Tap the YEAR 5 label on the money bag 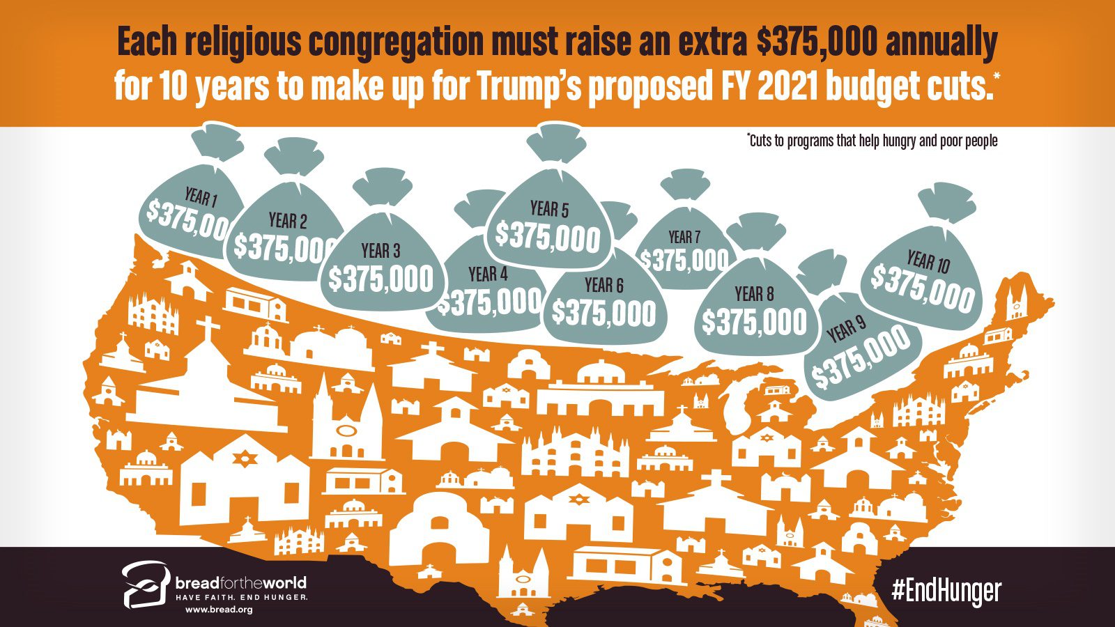click(549, 208)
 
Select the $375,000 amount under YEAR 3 click(381, 279)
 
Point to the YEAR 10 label click(928, 262)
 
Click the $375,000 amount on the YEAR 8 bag click(754, 323)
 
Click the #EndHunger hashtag click(946, 591)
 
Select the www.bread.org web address click(218, 610)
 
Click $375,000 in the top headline click(816, 42)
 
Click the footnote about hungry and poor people click(872, 141)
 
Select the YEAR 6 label click(603, 284)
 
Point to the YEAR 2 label click(287, 221)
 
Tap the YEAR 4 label click(488, 274)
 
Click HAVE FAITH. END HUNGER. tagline click(241, 598)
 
